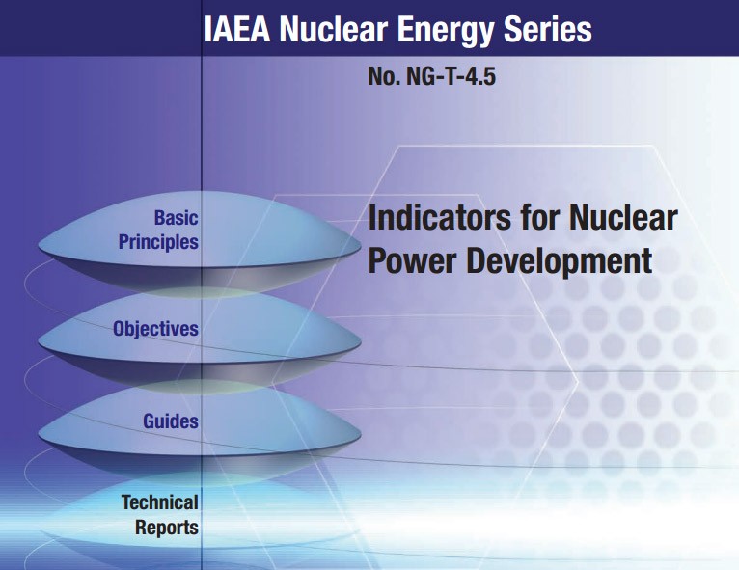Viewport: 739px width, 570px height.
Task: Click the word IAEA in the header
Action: [x=237, y=29]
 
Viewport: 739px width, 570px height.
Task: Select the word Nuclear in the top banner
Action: [x=333, y=29]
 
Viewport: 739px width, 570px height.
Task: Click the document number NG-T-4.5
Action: [x=451, y=76]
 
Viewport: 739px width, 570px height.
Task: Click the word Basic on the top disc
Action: [x=177, y=218]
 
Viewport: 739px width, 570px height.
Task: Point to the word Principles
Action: [x=158, y=242]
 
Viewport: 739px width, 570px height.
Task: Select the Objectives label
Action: [x=155, y=329]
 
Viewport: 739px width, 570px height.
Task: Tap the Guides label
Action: [x=171, y=421]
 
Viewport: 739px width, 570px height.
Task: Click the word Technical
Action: [x=160, y=502]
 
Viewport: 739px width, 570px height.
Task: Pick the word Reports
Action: [x=167, y=528]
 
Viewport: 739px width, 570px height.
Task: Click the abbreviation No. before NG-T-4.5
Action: [x=384, y=76]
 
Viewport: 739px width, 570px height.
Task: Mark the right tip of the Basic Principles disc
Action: [x=361, y=245]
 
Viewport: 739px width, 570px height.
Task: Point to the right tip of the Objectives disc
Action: [x=361, y=342]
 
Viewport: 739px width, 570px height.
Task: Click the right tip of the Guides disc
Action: [x=361, y=435]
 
